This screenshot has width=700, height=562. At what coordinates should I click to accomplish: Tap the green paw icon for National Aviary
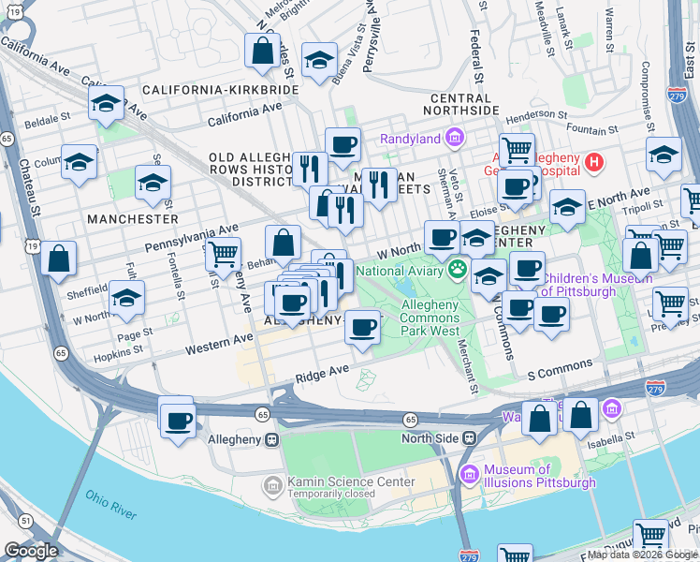click(x=458, y=271)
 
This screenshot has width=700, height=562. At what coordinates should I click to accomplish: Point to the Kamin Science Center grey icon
click(x=273, y=484)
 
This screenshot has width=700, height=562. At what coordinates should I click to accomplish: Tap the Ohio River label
click(x=110, y=504)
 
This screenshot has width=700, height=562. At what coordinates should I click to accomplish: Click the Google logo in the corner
click(x=31, y=550)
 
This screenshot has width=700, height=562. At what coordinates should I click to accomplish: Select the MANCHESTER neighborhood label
click(x=132, y=218)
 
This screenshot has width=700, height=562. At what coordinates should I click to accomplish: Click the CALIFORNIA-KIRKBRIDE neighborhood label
click(x=221, y=90)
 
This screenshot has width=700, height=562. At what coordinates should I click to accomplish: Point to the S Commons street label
click(x=560, y=364)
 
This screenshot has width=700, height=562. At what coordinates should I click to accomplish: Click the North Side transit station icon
click(x=470, y=438)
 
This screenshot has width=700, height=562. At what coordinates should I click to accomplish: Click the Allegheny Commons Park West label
click(x=430, y=318)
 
